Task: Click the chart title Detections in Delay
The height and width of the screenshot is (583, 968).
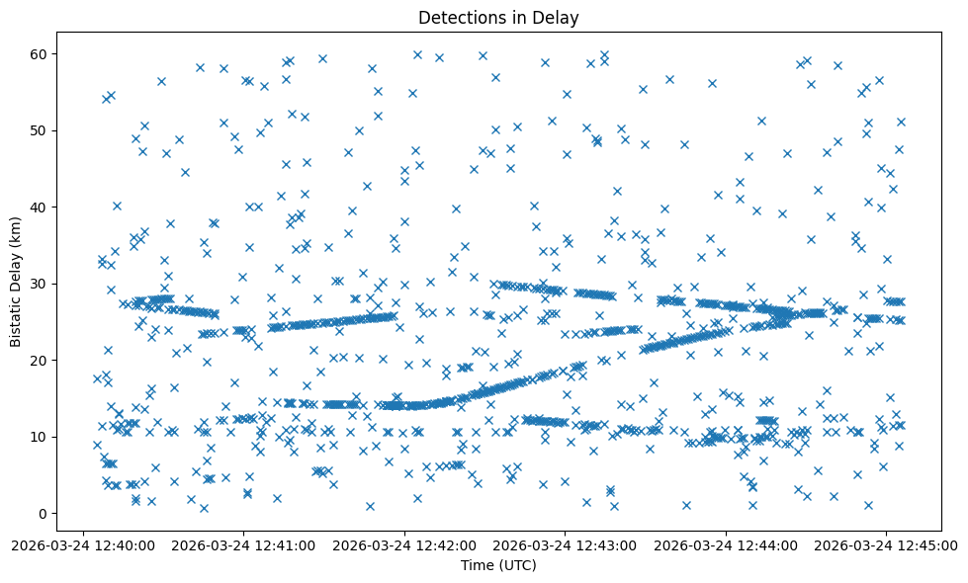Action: [x=498, y=17]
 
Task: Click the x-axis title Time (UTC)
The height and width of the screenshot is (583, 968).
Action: [x=498, y=565]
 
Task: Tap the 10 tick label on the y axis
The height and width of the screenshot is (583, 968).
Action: [x=41, y=437]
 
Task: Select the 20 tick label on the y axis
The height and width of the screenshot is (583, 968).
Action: [x=41, y=360]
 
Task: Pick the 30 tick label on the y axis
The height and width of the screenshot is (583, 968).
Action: [x=41, y=284]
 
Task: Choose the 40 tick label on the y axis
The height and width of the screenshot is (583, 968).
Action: [x=41, y=207]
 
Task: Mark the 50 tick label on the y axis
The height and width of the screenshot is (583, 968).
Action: [x=41, y=130]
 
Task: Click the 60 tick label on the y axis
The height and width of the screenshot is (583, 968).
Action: [x=41, y=53]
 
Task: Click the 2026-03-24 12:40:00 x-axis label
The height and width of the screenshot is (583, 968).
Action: [x=84, y=544]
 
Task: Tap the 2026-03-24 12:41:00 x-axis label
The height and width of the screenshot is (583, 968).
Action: [x=244, y=544]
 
